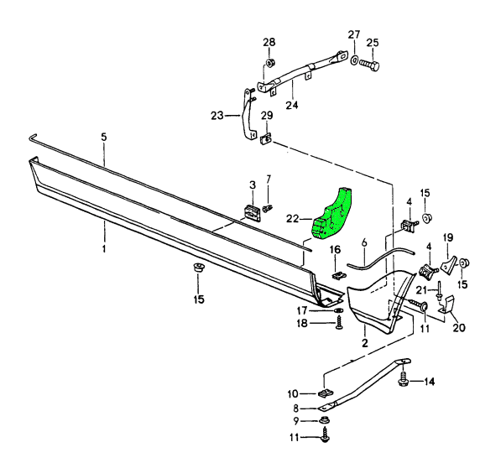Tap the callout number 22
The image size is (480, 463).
click(x=293, y=218)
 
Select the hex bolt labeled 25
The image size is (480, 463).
click(x=369, y=65)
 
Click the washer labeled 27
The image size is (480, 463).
click(x=353, y=60)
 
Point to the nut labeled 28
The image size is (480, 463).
click(x=270, y=63)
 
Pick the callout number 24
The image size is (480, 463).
click(x=292, y=105)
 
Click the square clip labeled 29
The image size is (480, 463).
click(x=266, y=139)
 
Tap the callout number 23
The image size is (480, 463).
click(x=217, y=116)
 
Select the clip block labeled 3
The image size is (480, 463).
click(x=253, y=213)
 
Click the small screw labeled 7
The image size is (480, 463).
click(x=268, y=208)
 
